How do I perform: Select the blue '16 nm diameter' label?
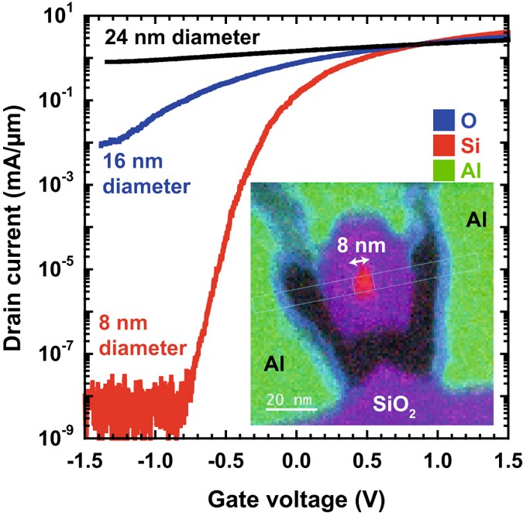pos(145,175)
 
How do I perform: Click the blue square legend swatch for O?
pos(443,121)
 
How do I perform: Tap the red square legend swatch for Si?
pos(443,145)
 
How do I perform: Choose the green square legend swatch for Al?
pos(443,168)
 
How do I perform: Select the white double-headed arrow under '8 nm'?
pos(359,263)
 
